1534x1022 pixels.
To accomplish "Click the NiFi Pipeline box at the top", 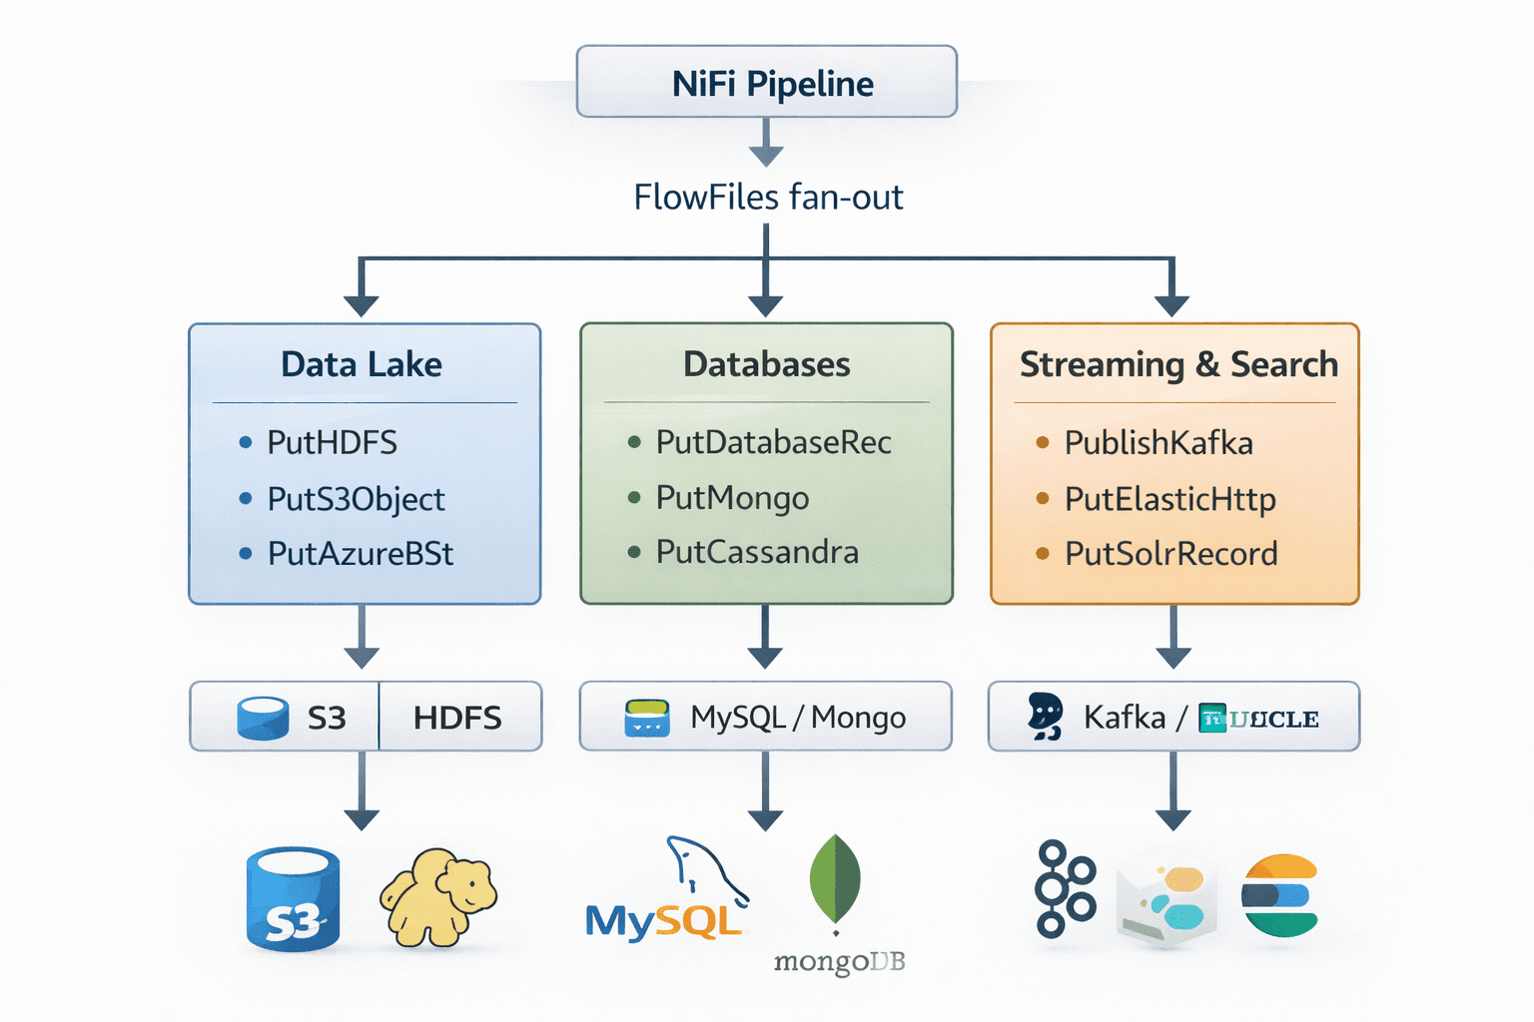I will pyautogui.click(x=766, y=83).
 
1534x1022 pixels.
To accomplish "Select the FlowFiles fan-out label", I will pyautogui.click(x=767, y=198).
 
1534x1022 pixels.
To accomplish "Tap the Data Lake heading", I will pyautogui.click(x=362, y=364).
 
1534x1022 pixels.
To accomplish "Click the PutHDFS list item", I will pyautogui.click(x=332, y=442).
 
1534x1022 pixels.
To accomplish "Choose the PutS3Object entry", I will pyautogui.click(x=356, y=499).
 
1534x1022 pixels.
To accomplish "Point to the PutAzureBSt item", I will pyautogui.click(x=360, y=554).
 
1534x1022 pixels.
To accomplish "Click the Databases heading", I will pyautogui.click(x=766, y=364).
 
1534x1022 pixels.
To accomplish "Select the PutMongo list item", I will pyautogui.click(x=732, y=498).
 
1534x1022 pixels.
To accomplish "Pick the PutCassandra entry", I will pyautogui.click(x=757, y=552).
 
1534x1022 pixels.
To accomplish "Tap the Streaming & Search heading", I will pyautogui.click(x=1177, y=364).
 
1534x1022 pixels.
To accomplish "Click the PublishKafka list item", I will pyautogui.click(x=1158, y=442).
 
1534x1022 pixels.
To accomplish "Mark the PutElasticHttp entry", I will pyautogui.click(x=1169, y=499).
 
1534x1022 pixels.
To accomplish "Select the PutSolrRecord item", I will pyautogui.click(x=1170, y=554).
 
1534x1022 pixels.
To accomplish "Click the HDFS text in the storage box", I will pyautogui.click(x=457, y=718).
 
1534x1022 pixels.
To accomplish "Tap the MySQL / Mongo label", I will pyautogui.click(x=798, y=718).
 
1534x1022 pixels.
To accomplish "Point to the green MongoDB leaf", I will pyautogui.click(x=835, y=878).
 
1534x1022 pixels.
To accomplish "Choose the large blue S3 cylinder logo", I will pyautogui.click(x=293, y=898).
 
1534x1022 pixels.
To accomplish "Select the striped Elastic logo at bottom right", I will pyautogui.click(x=1280, y=895).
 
